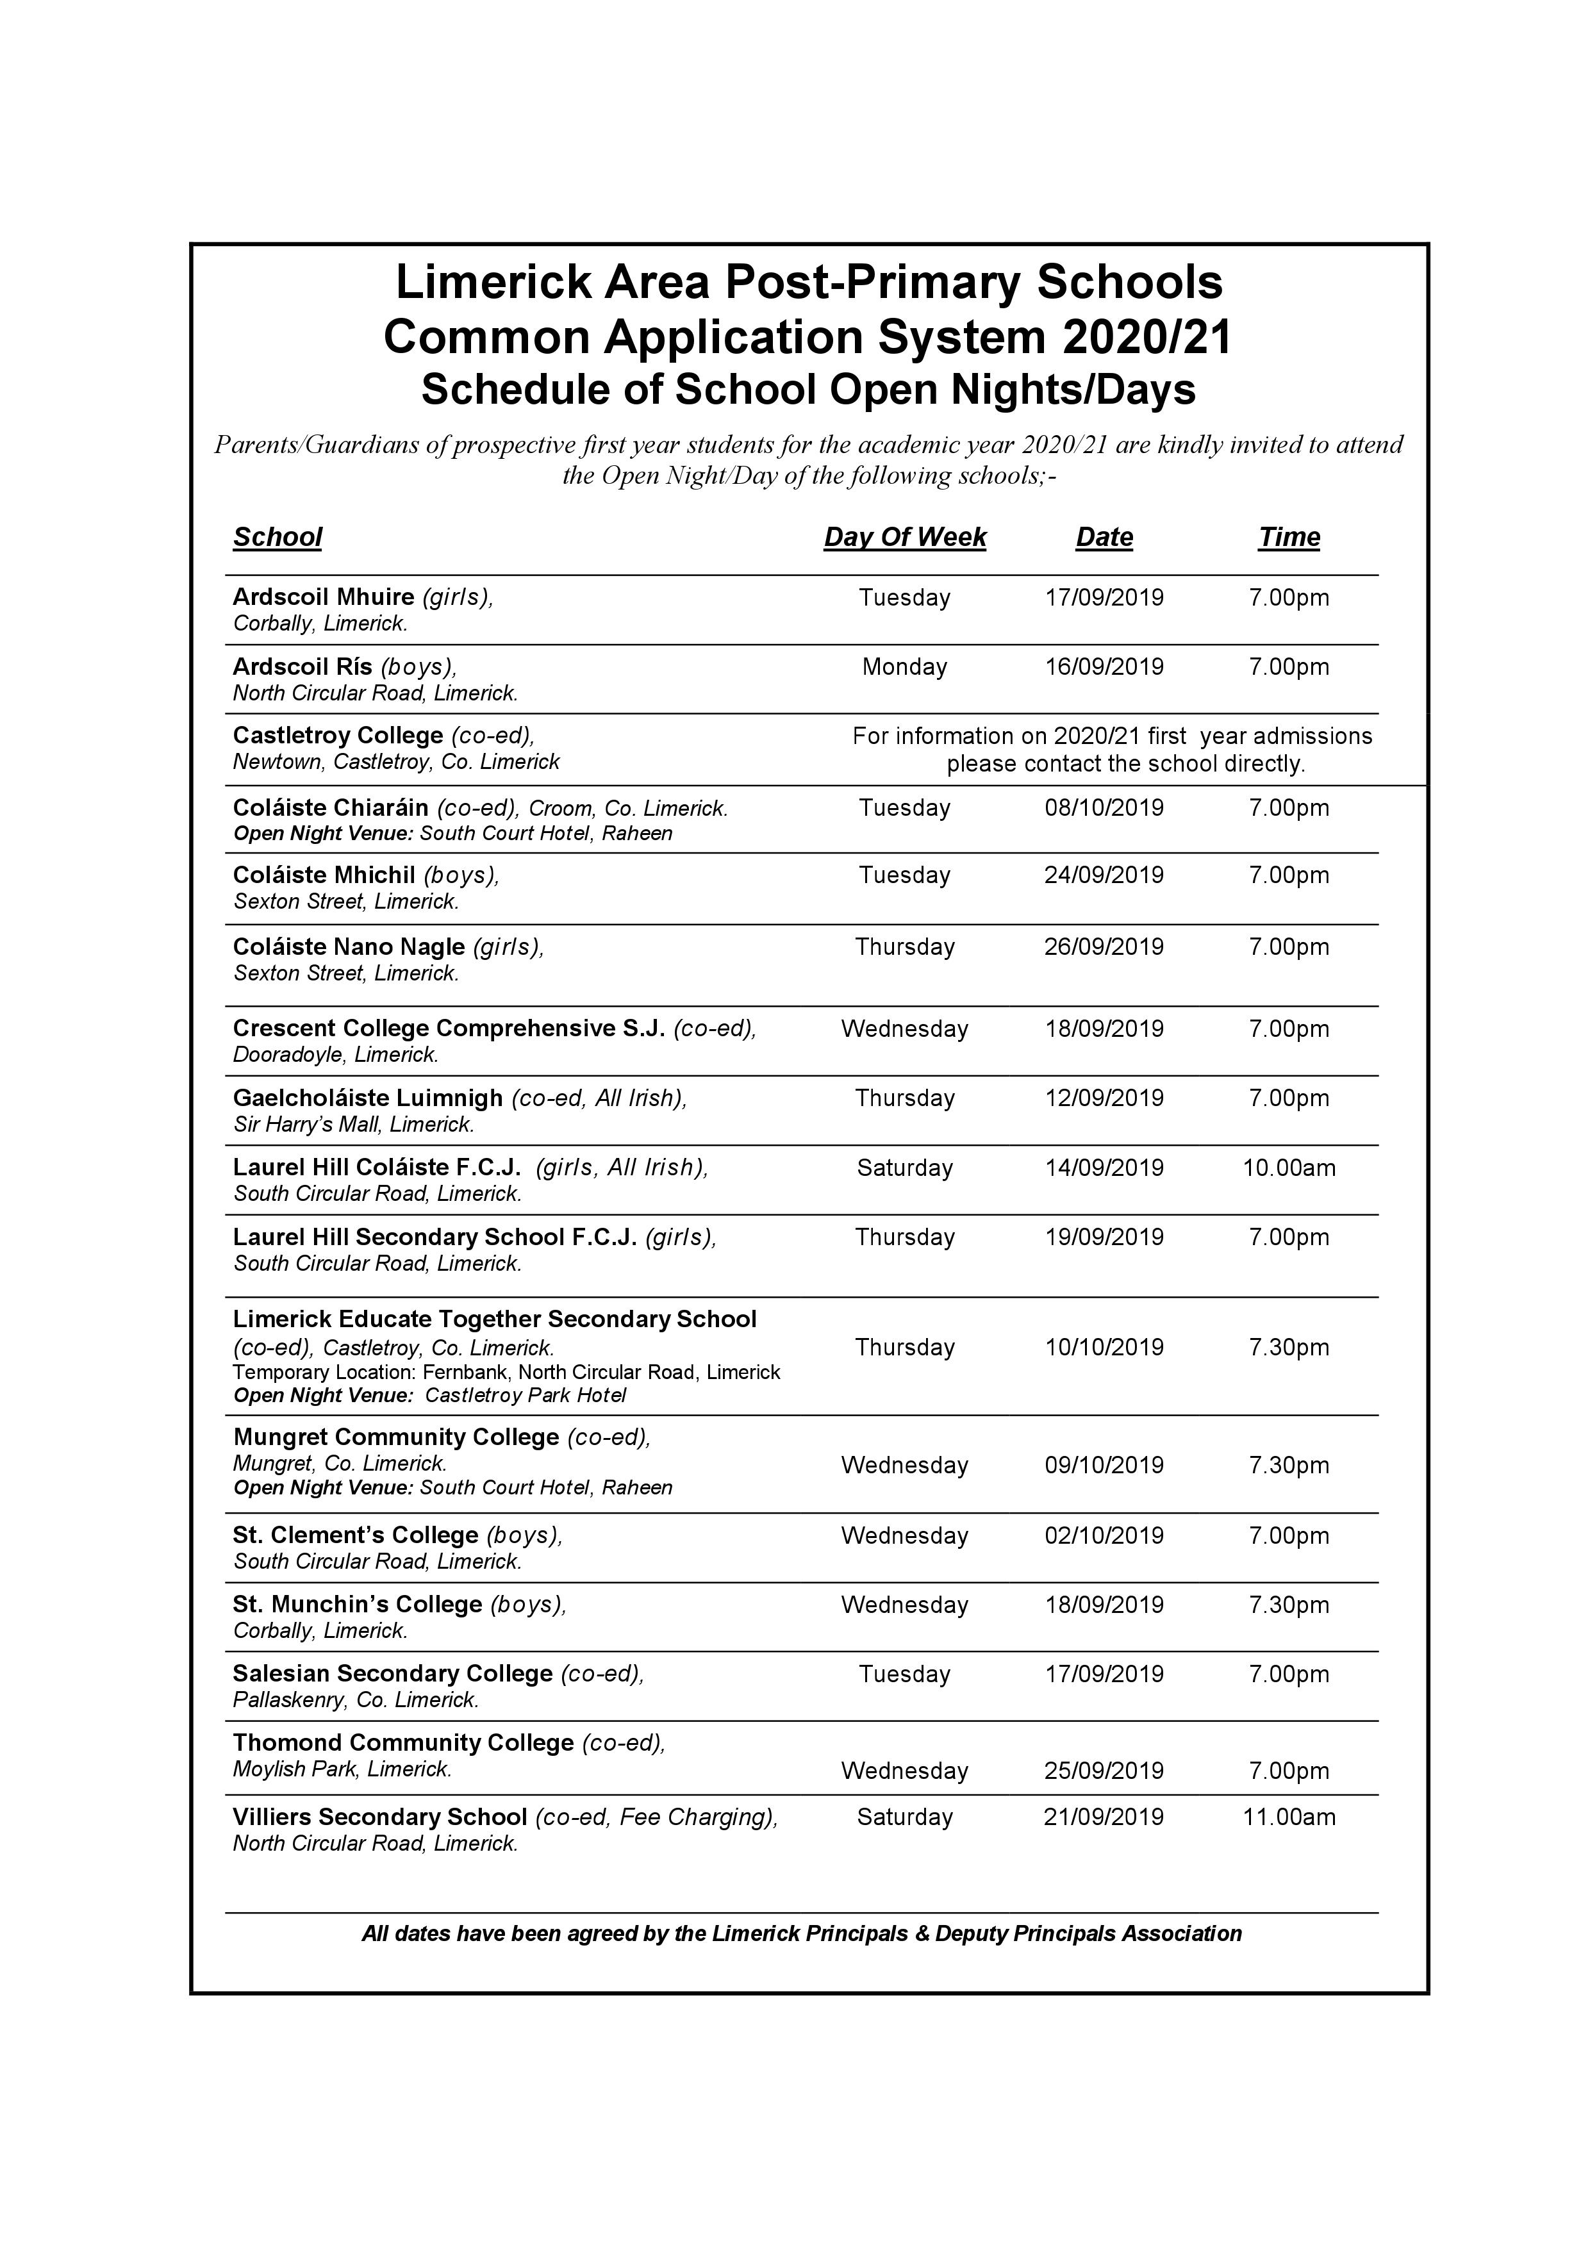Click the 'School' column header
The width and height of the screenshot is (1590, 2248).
(x=277, y=538)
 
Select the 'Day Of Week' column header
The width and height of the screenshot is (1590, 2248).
(x=905, y=538)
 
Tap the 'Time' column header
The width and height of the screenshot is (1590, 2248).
(x=1288, y=538)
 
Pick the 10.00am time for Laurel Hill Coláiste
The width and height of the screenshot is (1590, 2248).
(x=1288, y=1168)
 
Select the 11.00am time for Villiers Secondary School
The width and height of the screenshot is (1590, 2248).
(x=1288, y=1817)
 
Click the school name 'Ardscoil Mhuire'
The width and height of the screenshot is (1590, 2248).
(x=323, y=597)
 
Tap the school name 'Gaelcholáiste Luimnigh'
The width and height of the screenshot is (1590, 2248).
(x=368, y=1098)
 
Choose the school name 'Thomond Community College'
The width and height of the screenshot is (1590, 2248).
(x=403, y=1743)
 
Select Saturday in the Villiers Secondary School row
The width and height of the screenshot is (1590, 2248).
(x=905, y=1817)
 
